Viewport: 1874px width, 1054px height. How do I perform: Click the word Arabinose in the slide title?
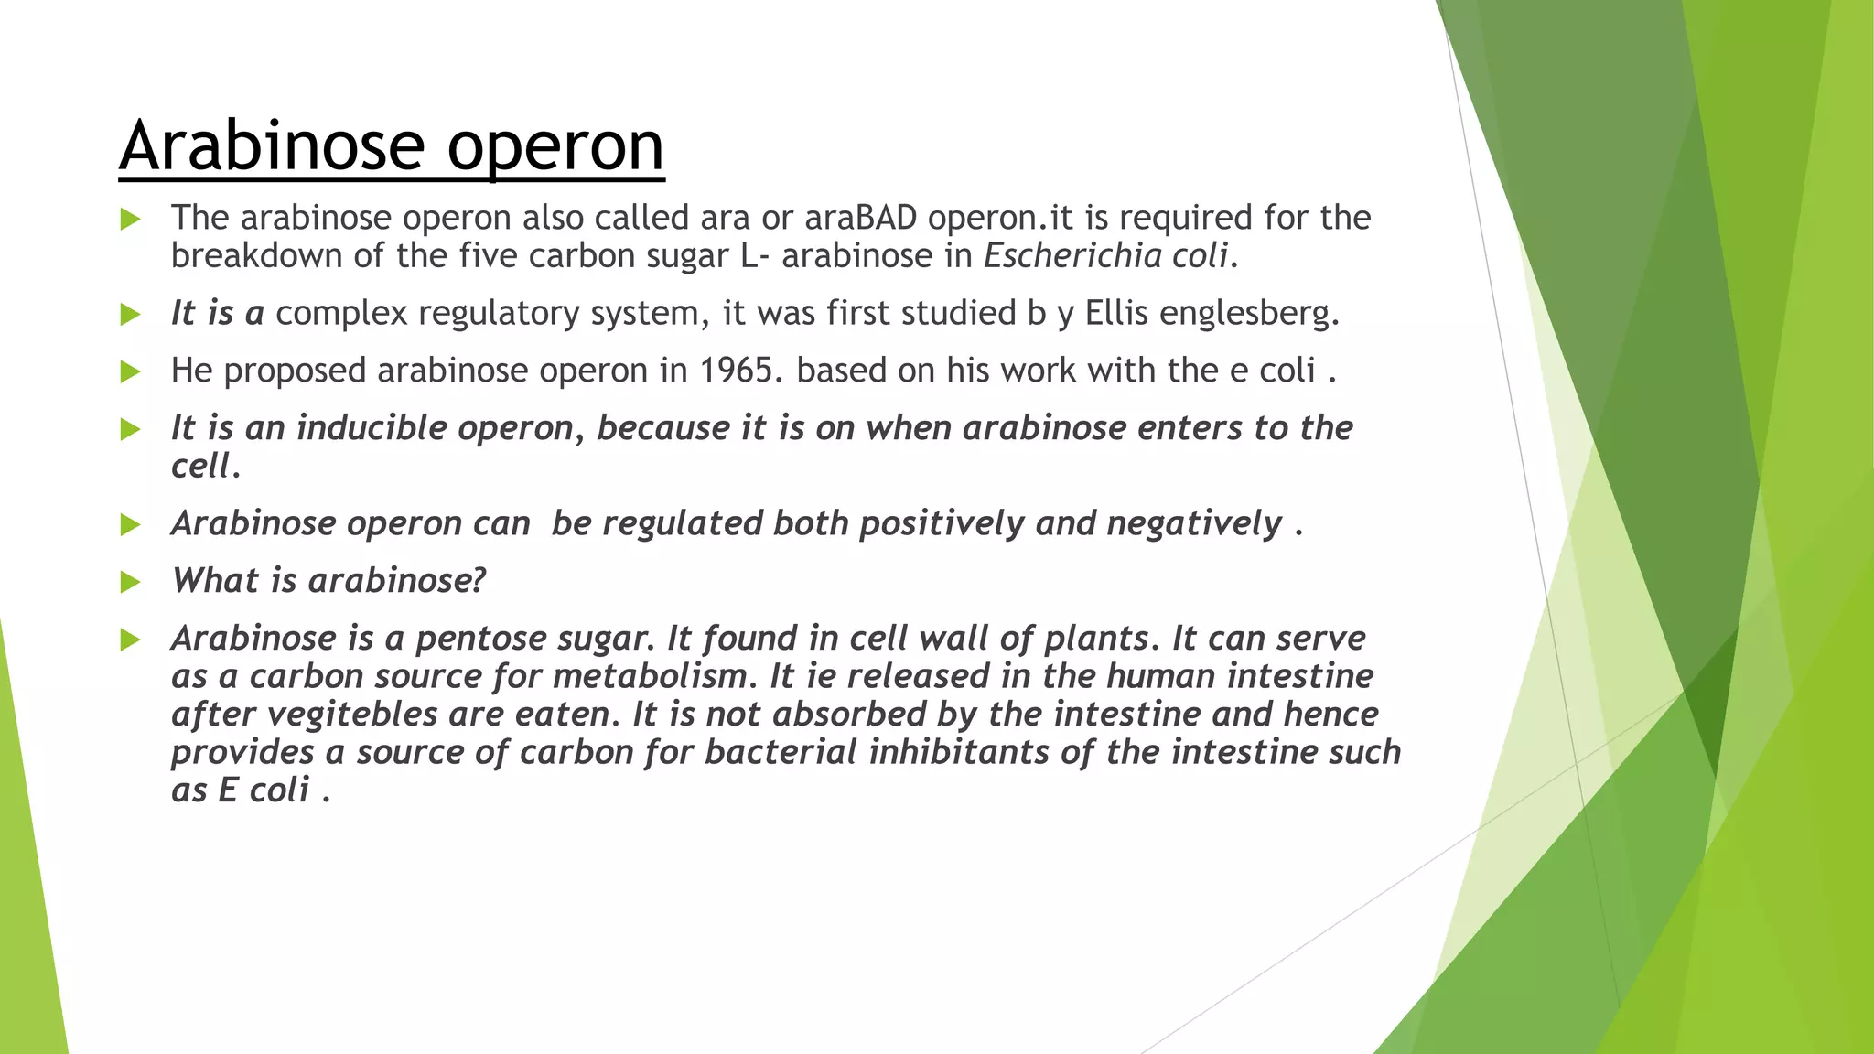point(272,145)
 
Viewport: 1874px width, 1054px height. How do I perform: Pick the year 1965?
point(741,371)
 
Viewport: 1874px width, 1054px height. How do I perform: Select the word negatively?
point(1194,524)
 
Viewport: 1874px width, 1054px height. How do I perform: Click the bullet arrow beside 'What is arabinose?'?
point(131,582)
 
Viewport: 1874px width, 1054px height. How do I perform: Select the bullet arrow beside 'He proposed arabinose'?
point(131,371)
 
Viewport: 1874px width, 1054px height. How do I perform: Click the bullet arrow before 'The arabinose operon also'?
point(131,219)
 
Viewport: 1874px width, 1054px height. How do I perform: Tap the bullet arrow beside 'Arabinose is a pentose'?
point(131,640)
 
